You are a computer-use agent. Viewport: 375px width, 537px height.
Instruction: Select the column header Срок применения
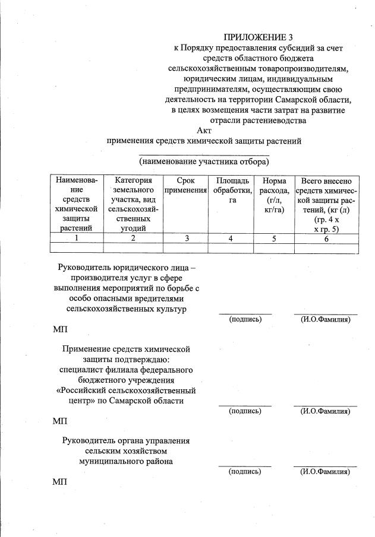pos(186,186)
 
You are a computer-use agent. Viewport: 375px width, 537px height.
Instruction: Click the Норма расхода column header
pos(274,195)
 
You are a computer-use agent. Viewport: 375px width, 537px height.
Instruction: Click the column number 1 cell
pos(77,238)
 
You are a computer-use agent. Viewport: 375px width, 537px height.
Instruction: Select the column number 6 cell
pos(326,238)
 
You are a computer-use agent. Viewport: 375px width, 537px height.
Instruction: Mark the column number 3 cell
pos(186,238)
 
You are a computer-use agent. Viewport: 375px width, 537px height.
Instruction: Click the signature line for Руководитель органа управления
pos(245,465)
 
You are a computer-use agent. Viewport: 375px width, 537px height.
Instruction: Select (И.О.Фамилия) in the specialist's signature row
pos(325,410)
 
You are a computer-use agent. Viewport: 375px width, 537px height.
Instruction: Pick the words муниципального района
pos(126,461)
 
